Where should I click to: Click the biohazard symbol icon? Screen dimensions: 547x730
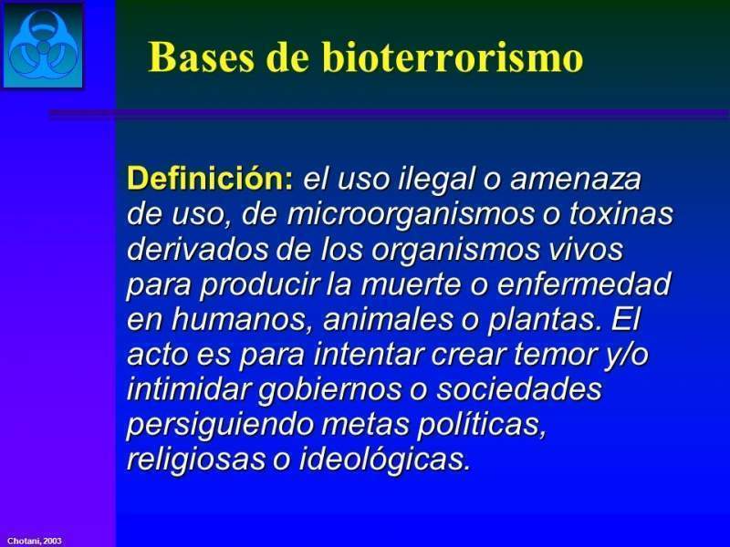[x=42, y=45]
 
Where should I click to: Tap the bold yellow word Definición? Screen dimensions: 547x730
[x=211, y=179]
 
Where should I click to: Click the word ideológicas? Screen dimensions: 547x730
[x=384, y=459]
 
